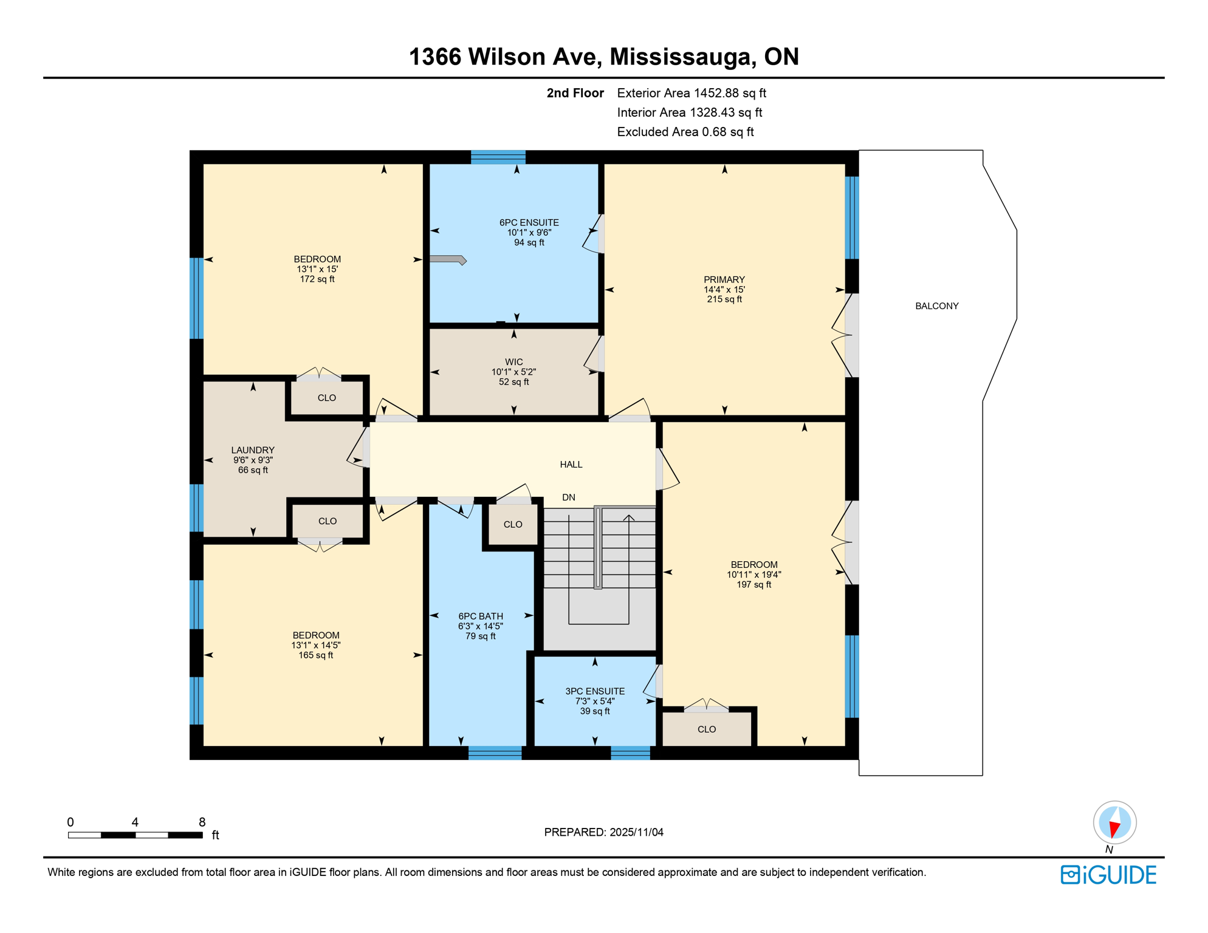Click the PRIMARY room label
(724, 280)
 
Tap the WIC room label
(513, 362)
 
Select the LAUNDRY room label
(253, 450)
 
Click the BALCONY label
(936, 306)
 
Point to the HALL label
(571, 465)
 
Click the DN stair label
(568, 497)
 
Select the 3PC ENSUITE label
(594, 691)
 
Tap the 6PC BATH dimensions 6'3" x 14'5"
(480, 626)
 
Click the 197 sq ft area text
(753, 584)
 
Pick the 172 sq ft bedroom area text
(317, 279)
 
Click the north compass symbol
(1114, 823)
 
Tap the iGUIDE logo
(1108, 875)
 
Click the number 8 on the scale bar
(202, 822)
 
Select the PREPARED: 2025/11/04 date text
(603, 832)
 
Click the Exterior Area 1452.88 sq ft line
(691, 93)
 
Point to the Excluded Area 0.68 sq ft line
(685, 132)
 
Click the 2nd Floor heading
(575, 93)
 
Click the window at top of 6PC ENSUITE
(498, 157)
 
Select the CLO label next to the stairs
(512, 524)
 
